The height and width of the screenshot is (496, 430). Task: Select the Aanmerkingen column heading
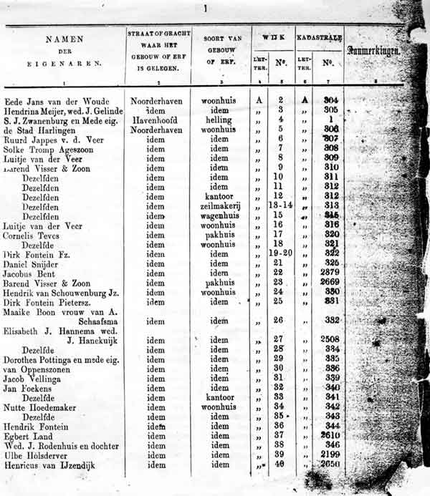[x=373, y=51]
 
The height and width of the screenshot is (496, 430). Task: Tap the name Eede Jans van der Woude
[x=54, y=101]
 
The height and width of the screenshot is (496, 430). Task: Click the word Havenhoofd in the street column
[x=156, y=120]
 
